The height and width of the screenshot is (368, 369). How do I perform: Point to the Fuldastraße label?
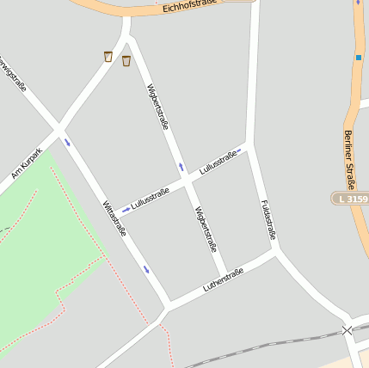[268, 219]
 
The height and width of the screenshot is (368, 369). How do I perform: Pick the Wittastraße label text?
[115, 219]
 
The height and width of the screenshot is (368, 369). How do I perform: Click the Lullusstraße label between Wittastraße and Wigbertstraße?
[150, 199]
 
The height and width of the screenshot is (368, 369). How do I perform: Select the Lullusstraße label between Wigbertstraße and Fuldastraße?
[218, 161]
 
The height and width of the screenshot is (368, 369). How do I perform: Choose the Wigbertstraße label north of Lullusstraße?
[157, 107]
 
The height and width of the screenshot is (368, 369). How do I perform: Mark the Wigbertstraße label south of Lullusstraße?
[206, 229]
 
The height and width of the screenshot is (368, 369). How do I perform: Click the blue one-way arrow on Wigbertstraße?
[181, 165]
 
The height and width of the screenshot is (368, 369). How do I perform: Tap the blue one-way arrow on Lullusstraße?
[126, 209]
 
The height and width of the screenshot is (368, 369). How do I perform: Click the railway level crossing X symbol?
[347, 330]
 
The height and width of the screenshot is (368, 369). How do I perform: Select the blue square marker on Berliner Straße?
[358, 58]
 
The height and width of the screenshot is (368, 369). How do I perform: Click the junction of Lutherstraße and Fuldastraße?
[276, 251]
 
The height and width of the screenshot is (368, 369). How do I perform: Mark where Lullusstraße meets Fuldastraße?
[248, 146]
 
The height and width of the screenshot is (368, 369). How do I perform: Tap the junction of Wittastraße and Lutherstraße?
[167, 307]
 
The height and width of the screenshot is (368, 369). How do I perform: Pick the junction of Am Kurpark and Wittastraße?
[58, 130]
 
